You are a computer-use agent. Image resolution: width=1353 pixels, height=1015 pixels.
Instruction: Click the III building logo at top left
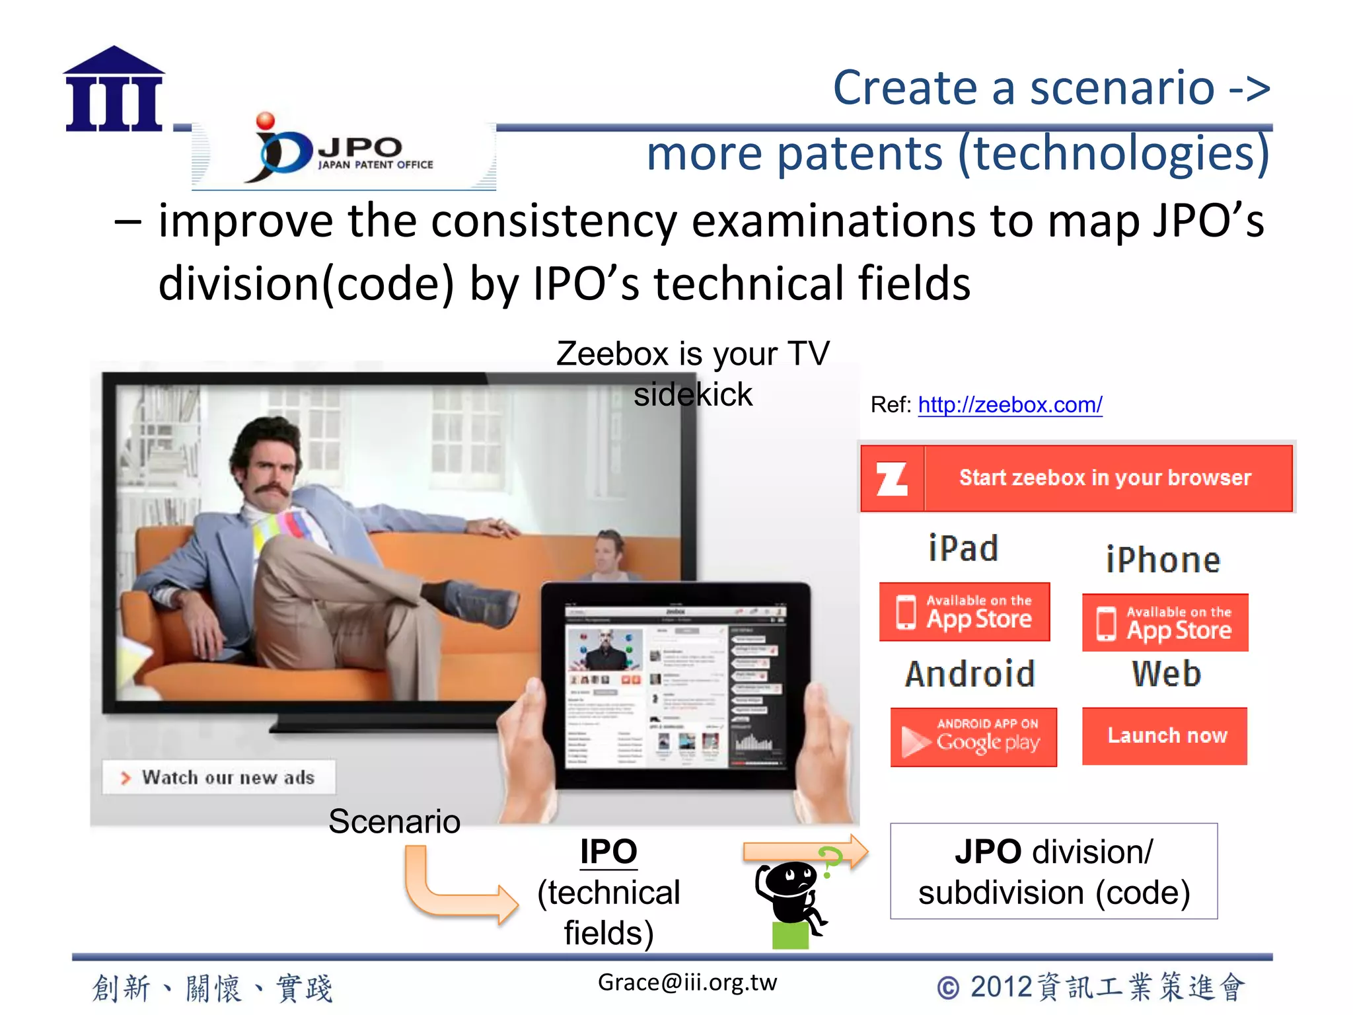tap(114, 89)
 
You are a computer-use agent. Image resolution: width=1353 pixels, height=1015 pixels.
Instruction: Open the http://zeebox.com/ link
tap(1009, 404)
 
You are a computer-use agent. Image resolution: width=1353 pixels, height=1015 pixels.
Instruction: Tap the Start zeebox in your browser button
tap(1105, 478)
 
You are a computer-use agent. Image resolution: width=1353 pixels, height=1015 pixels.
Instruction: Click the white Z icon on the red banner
tap(891, 479)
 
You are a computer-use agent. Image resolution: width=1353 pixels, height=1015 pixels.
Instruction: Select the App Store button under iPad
tap(964, 612)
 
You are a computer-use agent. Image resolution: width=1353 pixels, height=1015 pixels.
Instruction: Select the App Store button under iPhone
tap(1165, 623)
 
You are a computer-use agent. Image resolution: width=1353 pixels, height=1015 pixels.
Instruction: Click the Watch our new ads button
tap(219, 777)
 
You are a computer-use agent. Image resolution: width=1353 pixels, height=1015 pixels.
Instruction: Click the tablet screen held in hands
tap(675, 685)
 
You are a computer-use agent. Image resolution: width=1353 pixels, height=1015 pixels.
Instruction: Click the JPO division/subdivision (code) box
tap(1053, 871)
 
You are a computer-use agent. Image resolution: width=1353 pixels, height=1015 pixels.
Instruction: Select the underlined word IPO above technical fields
tap(608, 852)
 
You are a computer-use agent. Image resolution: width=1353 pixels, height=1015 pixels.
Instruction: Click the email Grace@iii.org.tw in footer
tap(687, 983)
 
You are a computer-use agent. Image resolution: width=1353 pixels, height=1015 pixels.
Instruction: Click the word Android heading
tap(969, 674)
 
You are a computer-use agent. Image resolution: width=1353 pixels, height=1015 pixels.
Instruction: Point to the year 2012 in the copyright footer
tap(1001, 987)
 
